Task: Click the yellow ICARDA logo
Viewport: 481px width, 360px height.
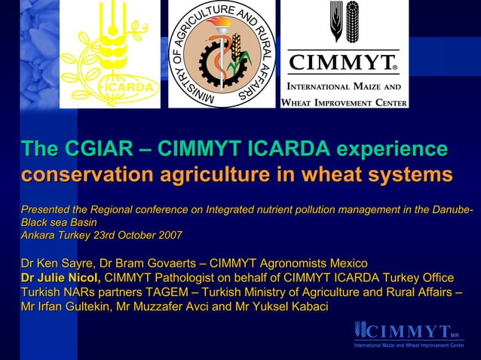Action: click(110, 54)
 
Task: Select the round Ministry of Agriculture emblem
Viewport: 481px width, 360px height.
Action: click(221, 54)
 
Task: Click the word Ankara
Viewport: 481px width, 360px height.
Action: click(38, 235)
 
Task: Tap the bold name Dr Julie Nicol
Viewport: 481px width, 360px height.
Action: click(60, 278)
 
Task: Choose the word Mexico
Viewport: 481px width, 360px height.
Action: click(346, 264)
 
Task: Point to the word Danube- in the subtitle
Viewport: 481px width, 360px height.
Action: click(452, 209)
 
